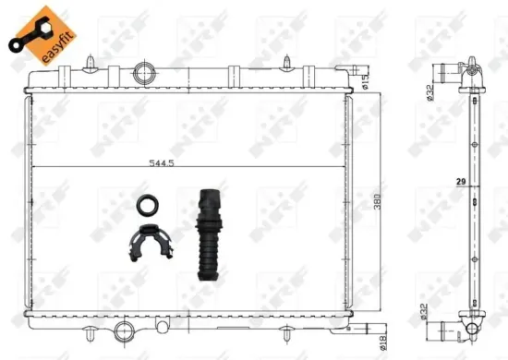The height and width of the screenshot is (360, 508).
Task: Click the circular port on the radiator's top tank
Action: (145, 72)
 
